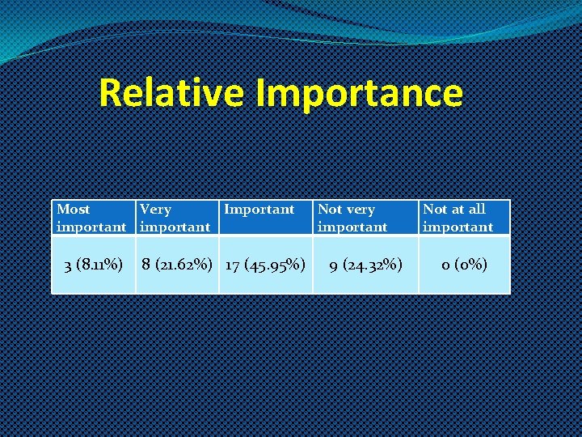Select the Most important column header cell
click(x=91, y=218)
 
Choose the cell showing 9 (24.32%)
click(x=365, y=264)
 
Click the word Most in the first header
click(x=74, y=210)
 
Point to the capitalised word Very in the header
click(x=155, y=210)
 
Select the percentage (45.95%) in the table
click(x=276, y=264)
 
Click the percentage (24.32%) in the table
click(x=373, y=264)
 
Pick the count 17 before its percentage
click(x=232, y=264)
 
